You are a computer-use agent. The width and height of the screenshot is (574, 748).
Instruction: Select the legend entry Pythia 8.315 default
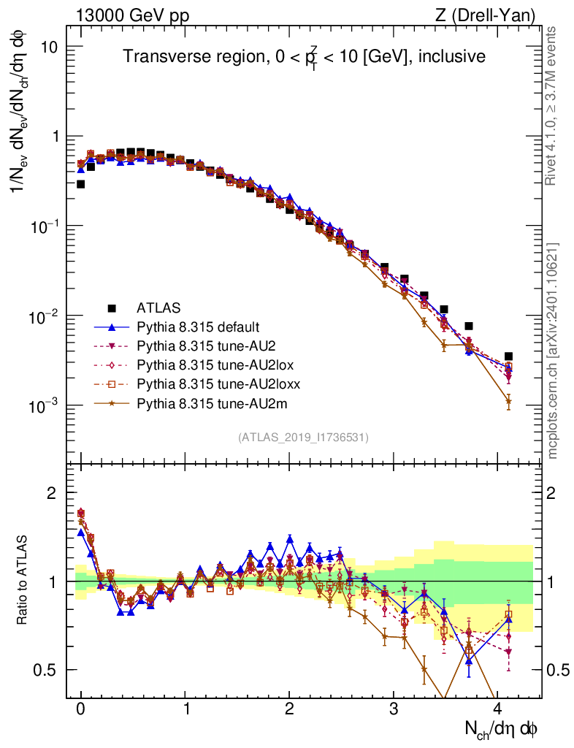198,327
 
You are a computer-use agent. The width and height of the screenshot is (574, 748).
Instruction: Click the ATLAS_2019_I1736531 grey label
303,438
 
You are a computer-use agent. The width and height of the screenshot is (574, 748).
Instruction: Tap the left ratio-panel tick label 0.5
48,670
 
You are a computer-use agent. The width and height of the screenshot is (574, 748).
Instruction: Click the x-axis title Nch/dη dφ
502,729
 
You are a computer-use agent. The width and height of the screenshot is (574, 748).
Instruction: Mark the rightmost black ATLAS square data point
508,356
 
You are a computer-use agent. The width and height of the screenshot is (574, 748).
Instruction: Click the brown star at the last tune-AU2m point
508,400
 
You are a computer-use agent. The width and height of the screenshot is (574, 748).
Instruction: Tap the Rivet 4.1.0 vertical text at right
553,113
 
